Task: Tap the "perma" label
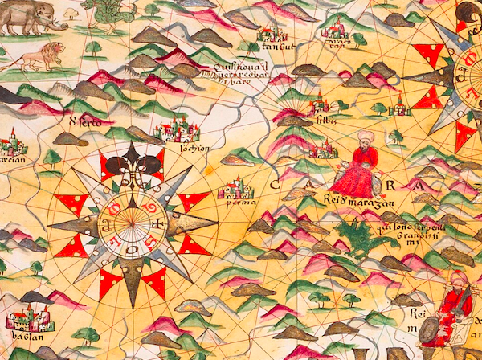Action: [235, 202]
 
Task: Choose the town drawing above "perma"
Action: [234, 188]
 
